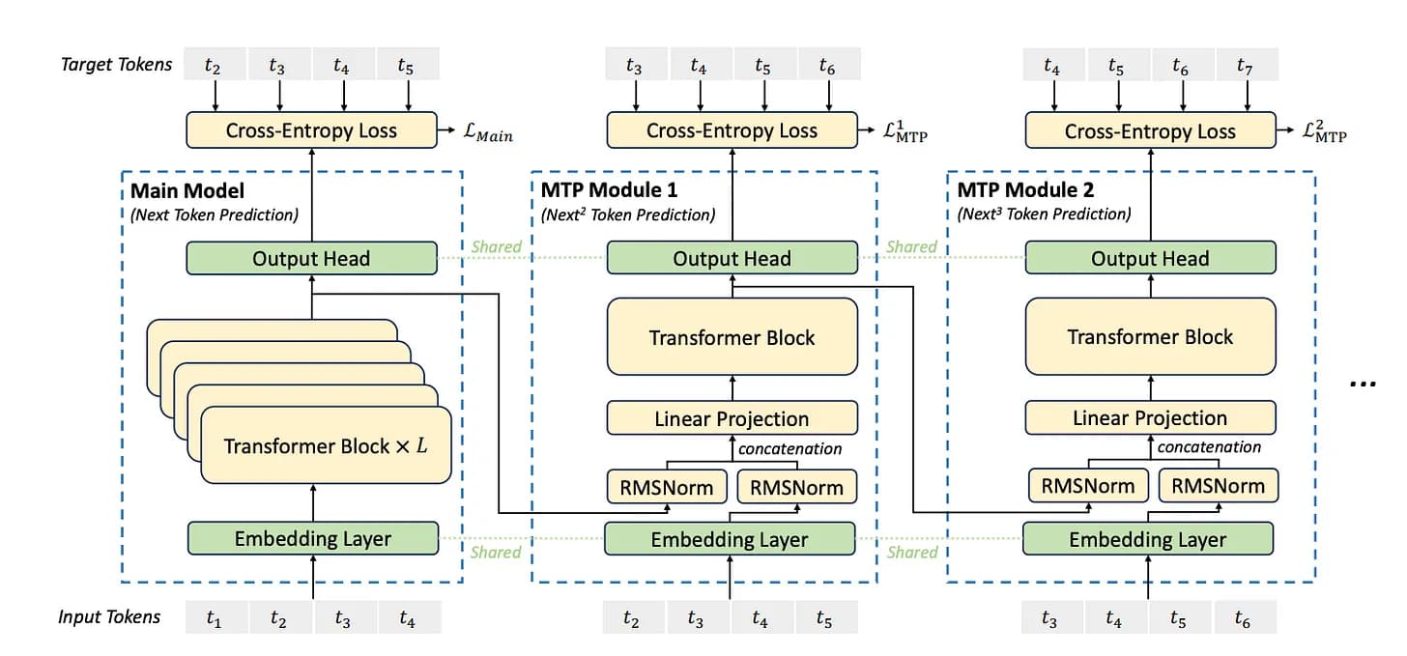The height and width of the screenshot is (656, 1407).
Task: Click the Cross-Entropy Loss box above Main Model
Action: [x=311, y=130]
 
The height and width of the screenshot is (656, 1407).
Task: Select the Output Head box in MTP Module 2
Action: [x=1150, y=258]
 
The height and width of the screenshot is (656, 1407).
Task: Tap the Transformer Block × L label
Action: [x=327, y=445]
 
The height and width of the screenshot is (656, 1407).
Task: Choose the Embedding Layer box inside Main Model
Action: [x=313, y=538]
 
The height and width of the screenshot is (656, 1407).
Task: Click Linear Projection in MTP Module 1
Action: [x=732, y=418]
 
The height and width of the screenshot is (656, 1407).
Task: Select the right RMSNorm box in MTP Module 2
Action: [x=1218, y=485]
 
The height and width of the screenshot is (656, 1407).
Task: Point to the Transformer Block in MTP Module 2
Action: [x=1150, y=337]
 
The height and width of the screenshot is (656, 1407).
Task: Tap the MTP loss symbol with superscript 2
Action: [x=1325, y=131]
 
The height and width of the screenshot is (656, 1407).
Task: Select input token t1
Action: [x=214, y=619]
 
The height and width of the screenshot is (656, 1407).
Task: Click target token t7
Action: [x=1245, y=66]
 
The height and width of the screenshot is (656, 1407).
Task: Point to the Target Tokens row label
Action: [x=116, y=65]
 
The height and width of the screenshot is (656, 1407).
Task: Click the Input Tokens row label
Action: [x=109, y=617]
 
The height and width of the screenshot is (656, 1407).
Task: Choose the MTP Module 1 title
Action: [x=609, y=190]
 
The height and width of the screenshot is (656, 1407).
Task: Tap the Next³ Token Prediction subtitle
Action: [x=1044, y=214]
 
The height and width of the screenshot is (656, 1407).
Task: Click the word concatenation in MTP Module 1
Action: [x=790, y=448]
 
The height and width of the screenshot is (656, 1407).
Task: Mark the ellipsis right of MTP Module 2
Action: [x=1363, y=383]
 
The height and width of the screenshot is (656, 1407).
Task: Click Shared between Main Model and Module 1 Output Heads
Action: [x=496, y=246]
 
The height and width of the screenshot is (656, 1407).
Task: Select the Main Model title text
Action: [x=187, y=190]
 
